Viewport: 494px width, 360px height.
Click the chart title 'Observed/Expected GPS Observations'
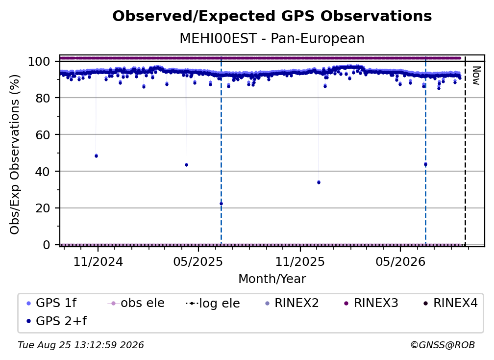(x=272, y=16)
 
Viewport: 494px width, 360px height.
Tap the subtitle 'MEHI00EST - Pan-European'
(x=272, y=38)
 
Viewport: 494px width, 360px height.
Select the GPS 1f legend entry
(x=51, y=303)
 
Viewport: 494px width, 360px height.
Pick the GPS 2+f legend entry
(x=56, y=321)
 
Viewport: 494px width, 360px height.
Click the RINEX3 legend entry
(x=371, y=303)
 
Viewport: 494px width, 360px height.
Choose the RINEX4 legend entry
(x=450, y=303)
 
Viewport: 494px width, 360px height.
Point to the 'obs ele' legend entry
(x=136, y=303)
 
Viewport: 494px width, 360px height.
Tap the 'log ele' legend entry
(x=213, y=303)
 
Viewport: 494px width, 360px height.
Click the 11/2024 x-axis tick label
(x=98, y=262)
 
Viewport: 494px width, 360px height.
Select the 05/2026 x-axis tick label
(x=400, y=262)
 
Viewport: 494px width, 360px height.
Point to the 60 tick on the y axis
(x=43, y=135)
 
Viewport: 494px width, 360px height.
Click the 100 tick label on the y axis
(x=39, y=61)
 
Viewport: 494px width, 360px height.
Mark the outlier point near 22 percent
(x=221, y=204)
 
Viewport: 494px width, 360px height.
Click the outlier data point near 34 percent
(x=319, y=182)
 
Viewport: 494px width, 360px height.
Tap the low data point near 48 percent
(x=96, y=156)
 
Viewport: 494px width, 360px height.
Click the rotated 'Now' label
(x=476, y=76)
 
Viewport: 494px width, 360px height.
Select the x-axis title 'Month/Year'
(x=272, y=279)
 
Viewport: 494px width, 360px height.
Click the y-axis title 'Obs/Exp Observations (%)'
(x=15, y=154)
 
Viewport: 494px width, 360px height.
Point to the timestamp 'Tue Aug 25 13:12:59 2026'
(x=81, y=345)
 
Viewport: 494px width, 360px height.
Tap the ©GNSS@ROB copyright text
(x=443, y=345)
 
